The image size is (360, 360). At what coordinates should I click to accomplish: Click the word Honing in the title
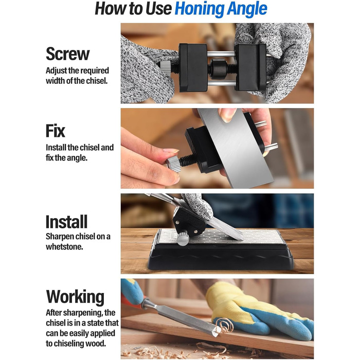tap(199, 9)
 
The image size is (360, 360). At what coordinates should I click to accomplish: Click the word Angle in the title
tap(247, 9)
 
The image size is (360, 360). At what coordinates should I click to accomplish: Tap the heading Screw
tap(68, 53)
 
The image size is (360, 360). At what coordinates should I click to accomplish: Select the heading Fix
tap(56, 131)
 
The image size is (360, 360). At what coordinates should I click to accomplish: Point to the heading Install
tap(66, 222)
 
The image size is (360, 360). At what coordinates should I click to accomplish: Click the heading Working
tap(75, 297)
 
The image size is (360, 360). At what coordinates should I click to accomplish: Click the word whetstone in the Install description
tap(64, 246)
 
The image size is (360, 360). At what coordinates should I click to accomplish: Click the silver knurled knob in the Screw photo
tap(165, 68)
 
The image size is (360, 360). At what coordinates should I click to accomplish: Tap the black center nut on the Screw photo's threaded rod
tap(218, 67)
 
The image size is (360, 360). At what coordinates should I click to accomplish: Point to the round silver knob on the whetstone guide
tap(183, 239)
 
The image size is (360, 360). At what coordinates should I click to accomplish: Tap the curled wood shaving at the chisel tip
tap(224, 326)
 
